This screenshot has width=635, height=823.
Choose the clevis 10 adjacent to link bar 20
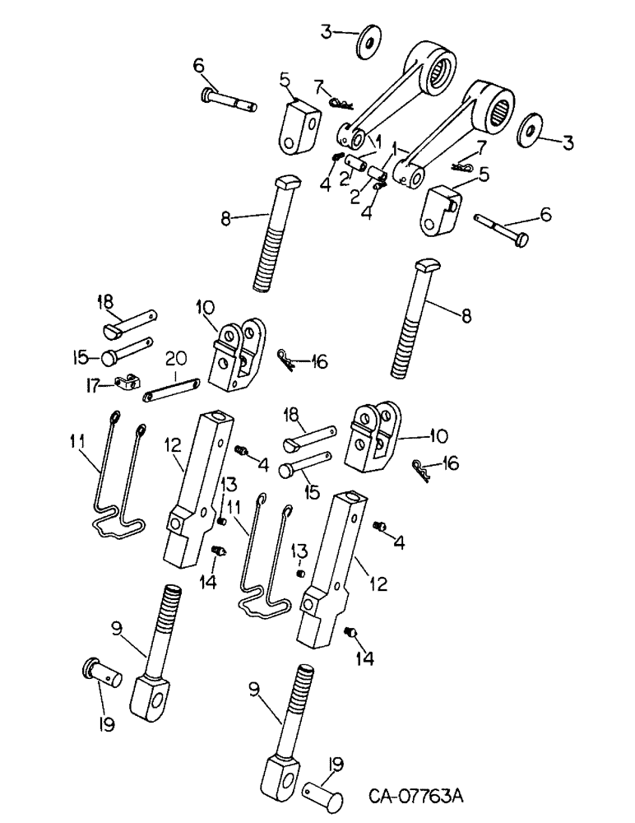pyautogui.click(x=237, y=356)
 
